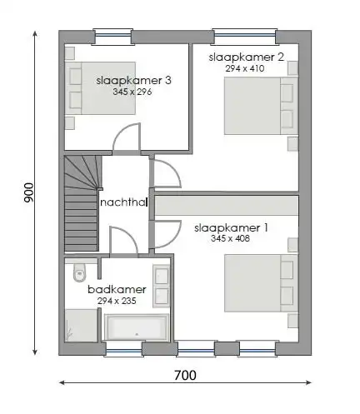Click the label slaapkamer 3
click(x=133, y=80)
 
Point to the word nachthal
click(x=123, y=202)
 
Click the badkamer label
click(x=117, y=289)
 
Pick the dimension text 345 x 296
click(x=132, y=92)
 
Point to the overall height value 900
click(x=28, y=193)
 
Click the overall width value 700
click(x=186, y=376)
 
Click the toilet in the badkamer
click(x=80, y=272)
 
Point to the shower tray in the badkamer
click(x=81, y=324)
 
